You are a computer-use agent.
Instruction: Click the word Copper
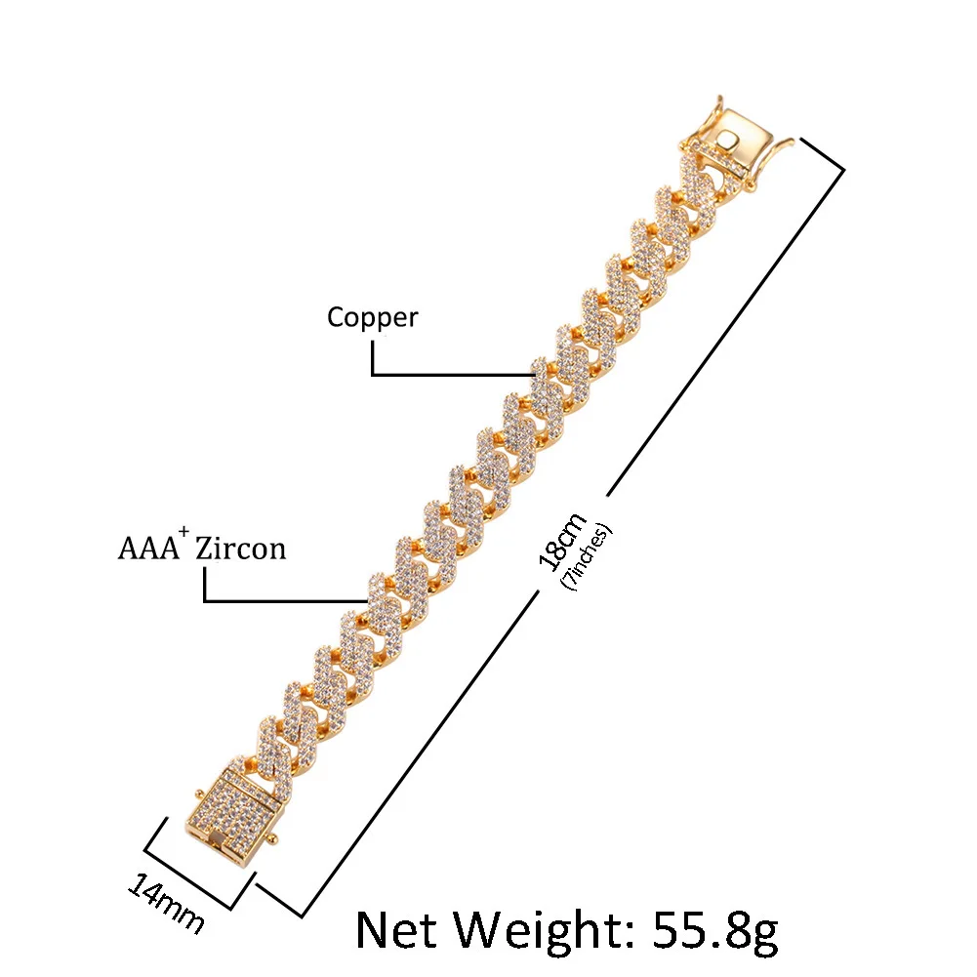[x=372, y=318]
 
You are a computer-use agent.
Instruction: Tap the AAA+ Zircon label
[x=202, y=547]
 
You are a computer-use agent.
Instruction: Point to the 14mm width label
[x=166, y=903]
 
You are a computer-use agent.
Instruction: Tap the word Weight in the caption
[x=542, y=930]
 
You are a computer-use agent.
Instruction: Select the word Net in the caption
[x=403, y=930]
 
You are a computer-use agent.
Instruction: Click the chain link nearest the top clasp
[x=695, y=190]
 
